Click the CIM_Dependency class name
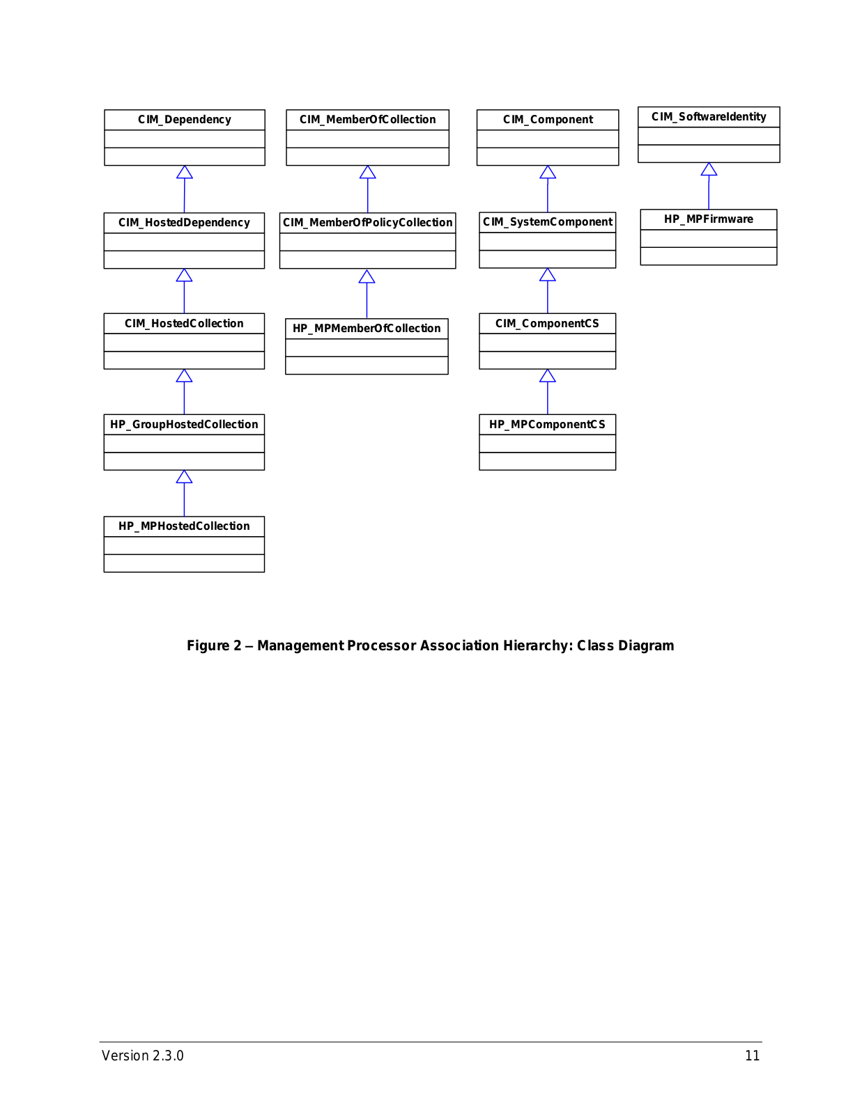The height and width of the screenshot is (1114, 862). pos(184,120)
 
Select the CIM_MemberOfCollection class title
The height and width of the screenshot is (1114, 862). pos(367,120)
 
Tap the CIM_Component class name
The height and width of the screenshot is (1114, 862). pos(548,120)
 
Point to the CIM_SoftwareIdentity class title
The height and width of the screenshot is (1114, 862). pos(709,117)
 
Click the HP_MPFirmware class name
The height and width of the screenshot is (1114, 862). pos(709,219)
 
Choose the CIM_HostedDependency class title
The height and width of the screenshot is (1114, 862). pos(184,223)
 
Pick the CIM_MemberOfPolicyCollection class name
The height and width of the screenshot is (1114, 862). pos(367,223)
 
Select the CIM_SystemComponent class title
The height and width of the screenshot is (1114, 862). pos(548,222)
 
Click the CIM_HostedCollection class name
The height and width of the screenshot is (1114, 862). pos(184,324)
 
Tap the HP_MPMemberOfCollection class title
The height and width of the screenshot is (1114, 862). pos(367,328)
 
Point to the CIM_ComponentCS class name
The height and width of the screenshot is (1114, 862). pos(547,324)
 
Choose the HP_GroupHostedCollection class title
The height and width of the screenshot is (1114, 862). pos(184,425)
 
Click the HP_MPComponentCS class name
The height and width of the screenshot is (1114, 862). pos(547,425)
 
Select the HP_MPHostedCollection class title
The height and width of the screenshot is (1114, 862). pos(184,526)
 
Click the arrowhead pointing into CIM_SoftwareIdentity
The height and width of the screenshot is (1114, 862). pos(709,169)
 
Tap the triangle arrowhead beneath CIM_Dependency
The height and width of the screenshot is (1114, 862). pos(185,172)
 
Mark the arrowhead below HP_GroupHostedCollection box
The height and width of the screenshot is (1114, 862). pos(184,477)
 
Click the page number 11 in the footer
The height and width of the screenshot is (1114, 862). pos(752,1056)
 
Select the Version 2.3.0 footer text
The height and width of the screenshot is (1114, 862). pos(143,1056)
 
